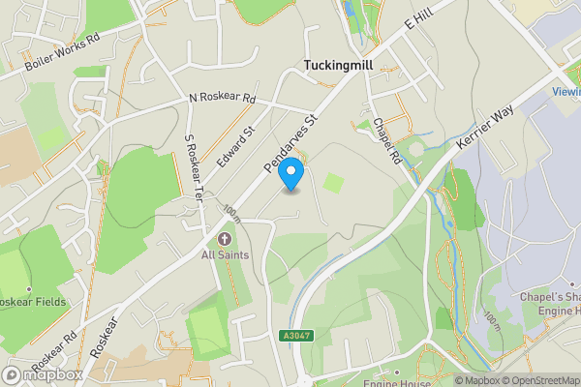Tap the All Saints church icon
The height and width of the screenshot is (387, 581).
(x=225, y=238)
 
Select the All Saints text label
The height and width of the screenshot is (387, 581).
(x=225, y=254)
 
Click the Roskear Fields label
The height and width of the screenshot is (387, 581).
(x=33, y=302)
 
